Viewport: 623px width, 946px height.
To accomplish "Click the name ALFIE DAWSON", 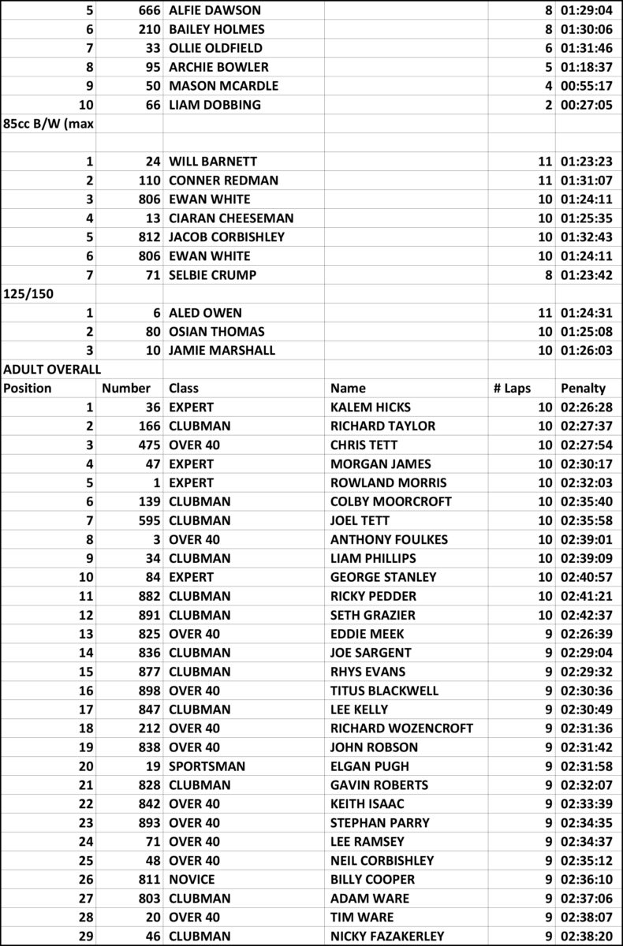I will tap(215, 10).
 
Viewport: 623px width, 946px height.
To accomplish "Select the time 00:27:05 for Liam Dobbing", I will tap(587, 105).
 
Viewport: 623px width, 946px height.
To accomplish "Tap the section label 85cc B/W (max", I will tap(42, 124).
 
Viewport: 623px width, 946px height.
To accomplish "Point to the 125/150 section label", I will tap(26, 294).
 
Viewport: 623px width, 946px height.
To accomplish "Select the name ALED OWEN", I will tap(206, 313).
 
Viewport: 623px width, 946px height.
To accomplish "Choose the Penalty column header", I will tap(584, 388).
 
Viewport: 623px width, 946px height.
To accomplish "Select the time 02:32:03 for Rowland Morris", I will tap(587, 482).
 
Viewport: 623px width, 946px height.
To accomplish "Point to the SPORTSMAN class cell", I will tap(207, 765).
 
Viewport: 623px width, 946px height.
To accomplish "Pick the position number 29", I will tap(86, 936).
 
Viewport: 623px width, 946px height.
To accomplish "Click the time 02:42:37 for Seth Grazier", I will tap(587, 615).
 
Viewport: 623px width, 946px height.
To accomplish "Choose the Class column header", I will tap(184, 388).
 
